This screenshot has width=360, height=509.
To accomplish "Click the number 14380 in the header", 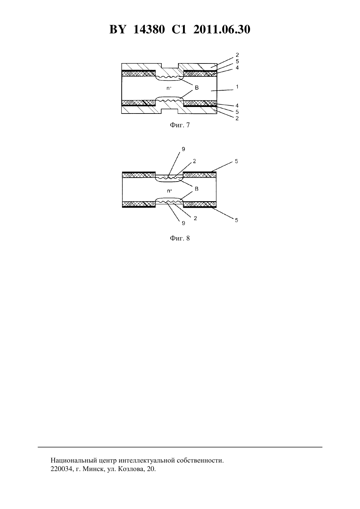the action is pos(149,29).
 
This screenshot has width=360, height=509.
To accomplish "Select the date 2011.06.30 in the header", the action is pos(222,29).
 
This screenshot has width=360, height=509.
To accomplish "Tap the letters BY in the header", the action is pos(117,29).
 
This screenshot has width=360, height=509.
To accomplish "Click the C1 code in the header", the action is pos(179,29).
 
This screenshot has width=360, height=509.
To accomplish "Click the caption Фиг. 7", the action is pos(180,125).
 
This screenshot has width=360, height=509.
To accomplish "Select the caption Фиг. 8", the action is pos(180,238).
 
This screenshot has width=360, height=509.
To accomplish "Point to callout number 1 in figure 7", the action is pos(237,87).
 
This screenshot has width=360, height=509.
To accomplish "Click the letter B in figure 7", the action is pos(197,87).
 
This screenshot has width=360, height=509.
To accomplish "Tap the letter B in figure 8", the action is pos(197,189).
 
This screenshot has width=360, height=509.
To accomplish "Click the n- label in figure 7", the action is pos(169,88).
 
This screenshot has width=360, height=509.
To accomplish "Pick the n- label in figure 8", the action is pos(169,191).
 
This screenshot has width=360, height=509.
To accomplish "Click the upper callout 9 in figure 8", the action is pos(183,149).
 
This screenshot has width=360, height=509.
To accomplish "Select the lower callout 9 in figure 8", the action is pos(183,223).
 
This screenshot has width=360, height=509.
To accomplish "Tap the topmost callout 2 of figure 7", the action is pos(237,55).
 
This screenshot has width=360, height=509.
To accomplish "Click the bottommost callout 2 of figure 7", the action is pos(237,118).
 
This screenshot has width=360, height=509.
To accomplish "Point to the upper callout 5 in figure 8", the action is pos(236,161).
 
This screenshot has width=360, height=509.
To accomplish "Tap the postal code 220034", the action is pos(61,469).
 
